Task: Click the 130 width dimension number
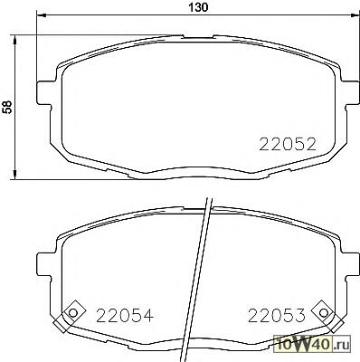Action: coord(198,7)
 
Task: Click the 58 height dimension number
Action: coord(7,107)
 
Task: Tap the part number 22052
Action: coord(288,144)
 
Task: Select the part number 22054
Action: coord(125,316)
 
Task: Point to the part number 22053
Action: coord(277,316)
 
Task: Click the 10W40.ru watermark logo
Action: coord(312,344)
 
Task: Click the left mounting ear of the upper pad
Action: coord(44,93)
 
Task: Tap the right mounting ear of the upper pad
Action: coord(351,93)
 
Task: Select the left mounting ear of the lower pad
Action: coord(44,263)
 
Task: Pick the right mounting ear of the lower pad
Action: coord(351,263)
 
